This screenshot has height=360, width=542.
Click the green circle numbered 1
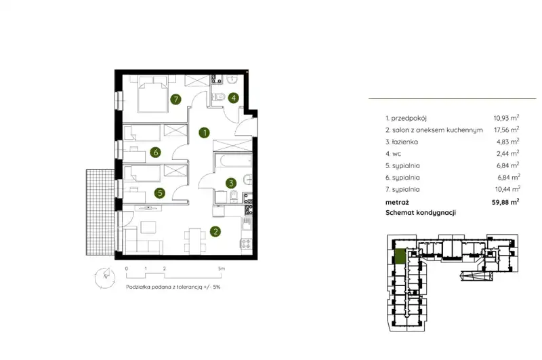click(205, 132)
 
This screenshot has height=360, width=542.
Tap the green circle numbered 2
click(215, 231)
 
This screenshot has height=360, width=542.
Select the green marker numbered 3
click(231, 183)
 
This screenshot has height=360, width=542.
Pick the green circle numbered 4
click(233, 98)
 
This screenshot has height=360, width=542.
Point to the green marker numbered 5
click(160, 193)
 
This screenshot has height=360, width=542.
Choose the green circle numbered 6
click(156, 152)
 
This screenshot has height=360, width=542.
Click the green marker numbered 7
click(176, 100)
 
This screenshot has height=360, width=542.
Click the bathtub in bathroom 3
click(233, 161)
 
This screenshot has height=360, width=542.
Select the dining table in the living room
click(195, 239)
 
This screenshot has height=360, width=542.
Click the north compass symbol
click(105, 278)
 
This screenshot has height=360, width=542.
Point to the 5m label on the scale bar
click(222, 268)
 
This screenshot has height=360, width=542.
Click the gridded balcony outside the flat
click(100, 212)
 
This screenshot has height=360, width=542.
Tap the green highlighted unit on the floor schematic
click(400, 256)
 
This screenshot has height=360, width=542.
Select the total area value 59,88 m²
click(505, 202)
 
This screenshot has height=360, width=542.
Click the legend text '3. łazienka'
click(402, 142)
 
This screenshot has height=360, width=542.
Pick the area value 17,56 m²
click(506, 129)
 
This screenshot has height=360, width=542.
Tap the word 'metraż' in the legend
click(397, 202)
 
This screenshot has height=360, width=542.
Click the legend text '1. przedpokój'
click(406, 118)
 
